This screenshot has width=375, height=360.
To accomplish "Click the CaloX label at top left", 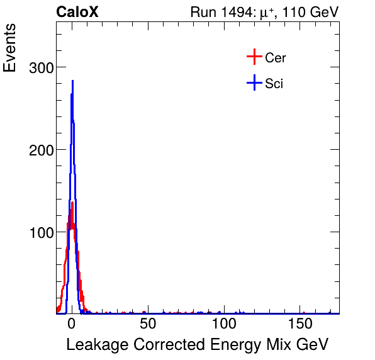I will [77, 12].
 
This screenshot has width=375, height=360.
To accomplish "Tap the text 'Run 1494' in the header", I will [218, 12].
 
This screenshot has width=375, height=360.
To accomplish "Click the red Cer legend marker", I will [254, 57].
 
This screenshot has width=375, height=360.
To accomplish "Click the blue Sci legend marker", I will [254, 82].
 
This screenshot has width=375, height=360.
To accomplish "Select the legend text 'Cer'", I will [276, 58].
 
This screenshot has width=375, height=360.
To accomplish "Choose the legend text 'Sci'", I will [274, 83].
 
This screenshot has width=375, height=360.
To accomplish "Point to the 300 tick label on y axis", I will [42, 67].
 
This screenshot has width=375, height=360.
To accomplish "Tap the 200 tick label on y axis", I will [42, 150].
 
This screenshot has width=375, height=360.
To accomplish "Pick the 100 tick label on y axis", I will [42, 232].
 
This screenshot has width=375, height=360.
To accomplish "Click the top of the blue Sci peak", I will [73, 81].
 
